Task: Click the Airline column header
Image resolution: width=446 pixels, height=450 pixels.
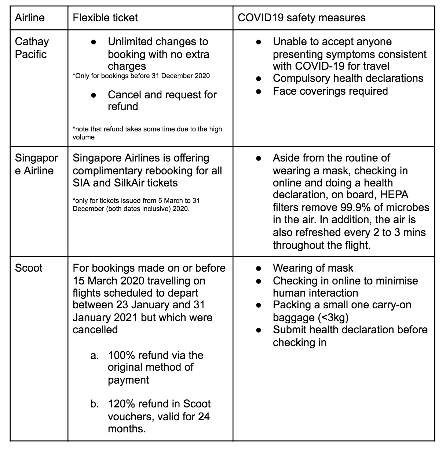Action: pos(29,18)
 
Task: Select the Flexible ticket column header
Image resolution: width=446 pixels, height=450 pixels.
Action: pos(105,18)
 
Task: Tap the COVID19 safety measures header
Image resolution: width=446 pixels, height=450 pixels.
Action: pos(301,18)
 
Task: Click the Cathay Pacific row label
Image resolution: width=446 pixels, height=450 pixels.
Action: pos(32,48)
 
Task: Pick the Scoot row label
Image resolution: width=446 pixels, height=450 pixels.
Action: pos(29,268)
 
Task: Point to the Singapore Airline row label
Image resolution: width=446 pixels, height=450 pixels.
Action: pos(36,164)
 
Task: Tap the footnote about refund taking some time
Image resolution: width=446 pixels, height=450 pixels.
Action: pos(147,133)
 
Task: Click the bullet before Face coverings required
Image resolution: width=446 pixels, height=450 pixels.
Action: pos(259,91)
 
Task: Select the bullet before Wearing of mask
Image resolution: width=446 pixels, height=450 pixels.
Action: pos(259,268)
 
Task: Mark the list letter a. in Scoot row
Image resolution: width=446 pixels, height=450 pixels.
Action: pos(94,355)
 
